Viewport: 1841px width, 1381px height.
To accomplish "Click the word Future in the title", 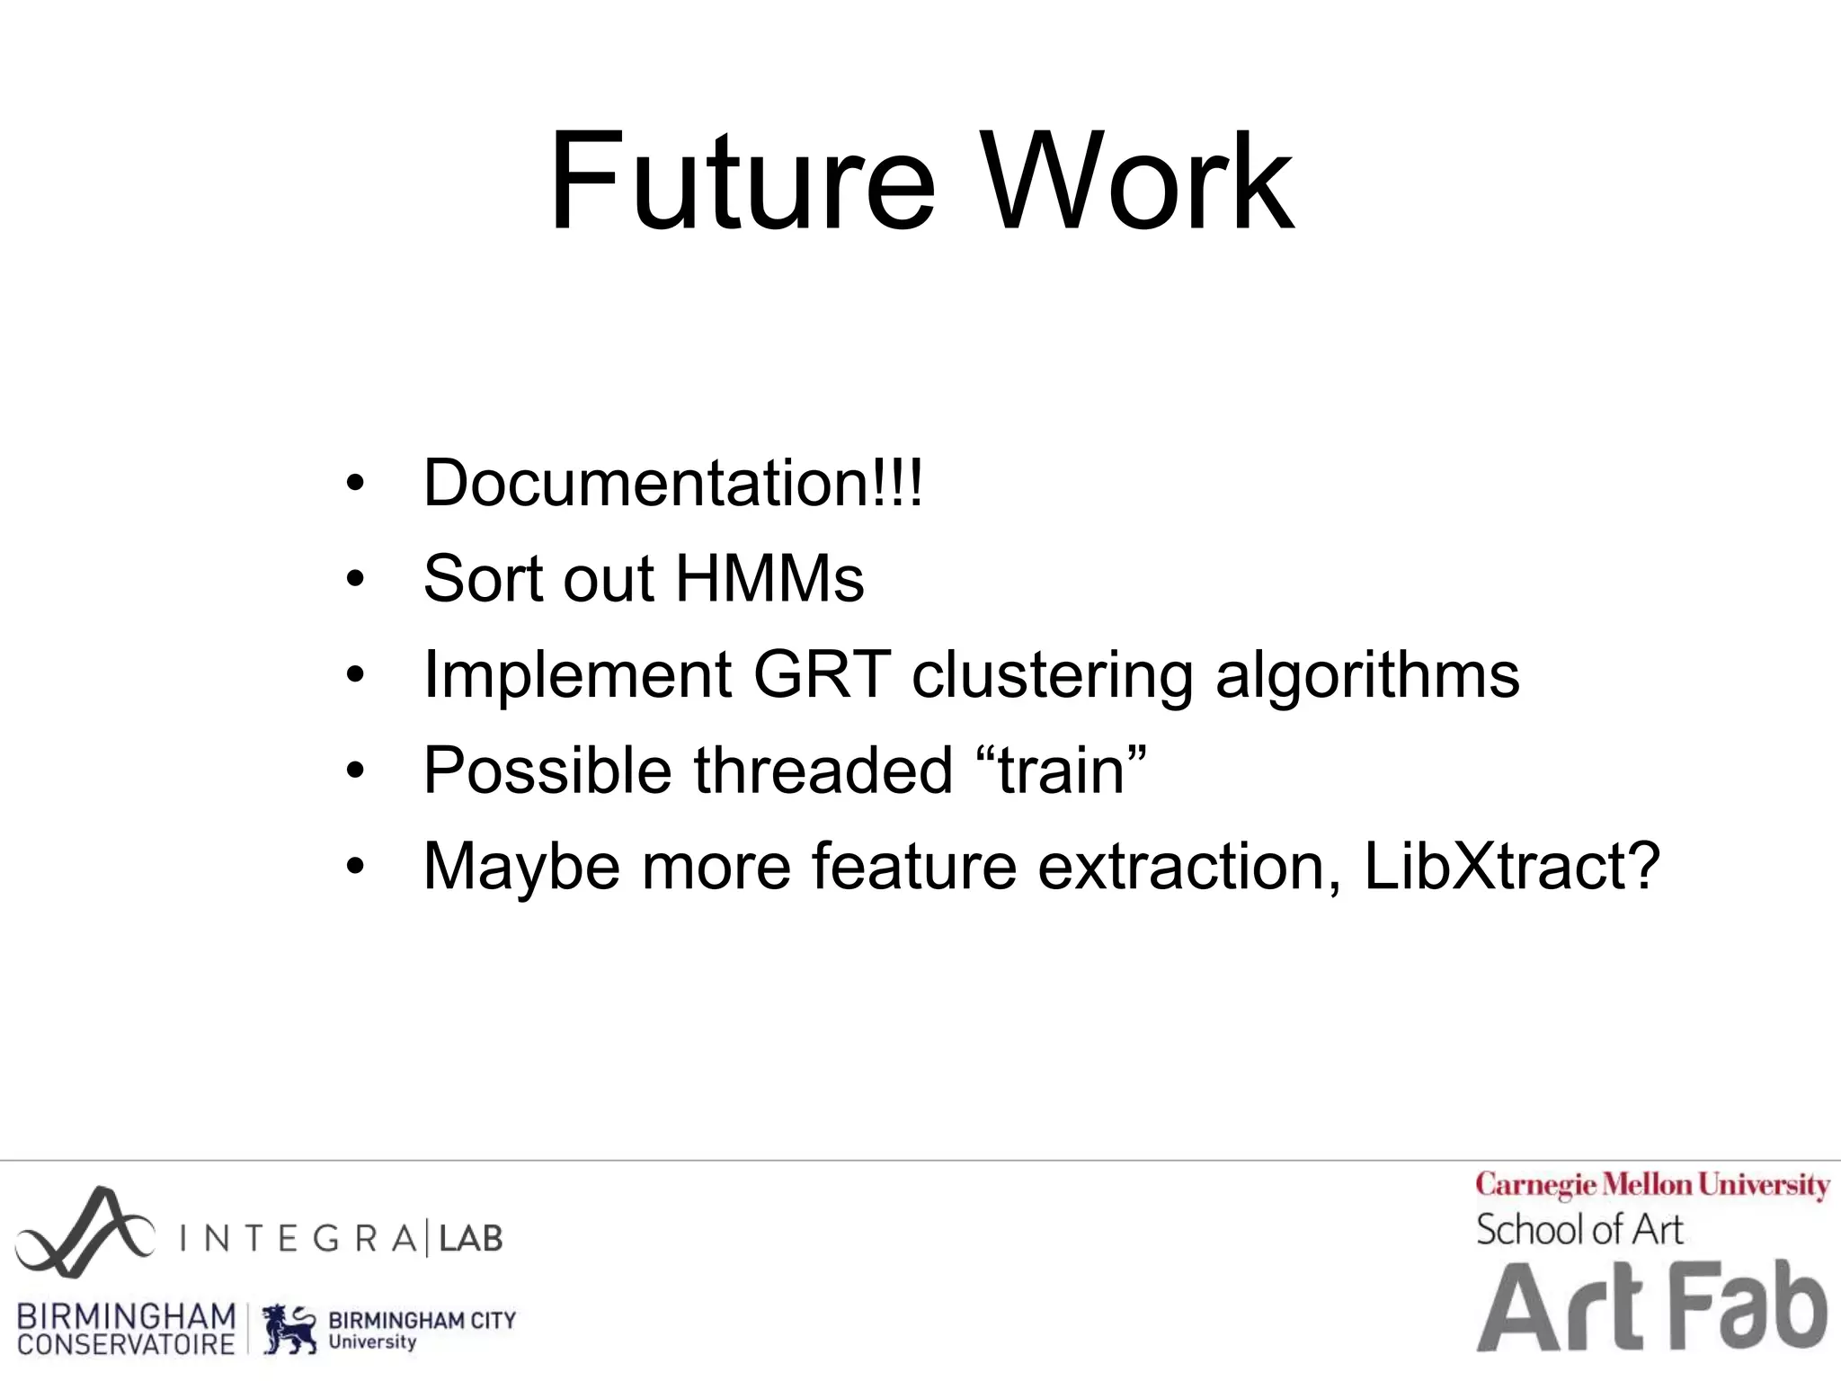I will [x=743, y=183].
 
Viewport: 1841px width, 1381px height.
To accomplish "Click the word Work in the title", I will [x=1138, y=183].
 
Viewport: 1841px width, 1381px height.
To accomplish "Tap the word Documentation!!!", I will [x=672, y=484].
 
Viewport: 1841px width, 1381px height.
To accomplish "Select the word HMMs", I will [x=769, y=578].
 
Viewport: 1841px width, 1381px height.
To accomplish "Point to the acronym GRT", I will [x=822, y=674].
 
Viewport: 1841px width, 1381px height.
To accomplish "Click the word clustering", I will [x=1052, y=676].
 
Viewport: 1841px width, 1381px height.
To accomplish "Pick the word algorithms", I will [x=1367, y=676].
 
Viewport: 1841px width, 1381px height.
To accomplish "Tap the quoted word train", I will [x=1062, y=771].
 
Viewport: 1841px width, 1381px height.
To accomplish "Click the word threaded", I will [x=823, y=771].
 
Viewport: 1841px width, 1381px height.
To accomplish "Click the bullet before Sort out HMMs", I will [x=356, y=580].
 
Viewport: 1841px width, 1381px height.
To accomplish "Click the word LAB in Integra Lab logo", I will [x=470, y=1239].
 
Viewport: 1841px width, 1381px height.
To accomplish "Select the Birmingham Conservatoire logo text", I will [x=126, y=1329].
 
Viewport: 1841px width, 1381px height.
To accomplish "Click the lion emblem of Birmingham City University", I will [x=290, y=1329].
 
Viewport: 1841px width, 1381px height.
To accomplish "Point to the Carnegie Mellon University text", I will [x=1652, y=1186].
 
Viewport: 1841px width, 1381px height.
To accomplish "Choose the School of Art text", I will [x=1579, y=1230].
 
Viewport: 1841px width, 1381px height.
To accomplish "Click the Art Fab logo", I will [x=1652, y=1308].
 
